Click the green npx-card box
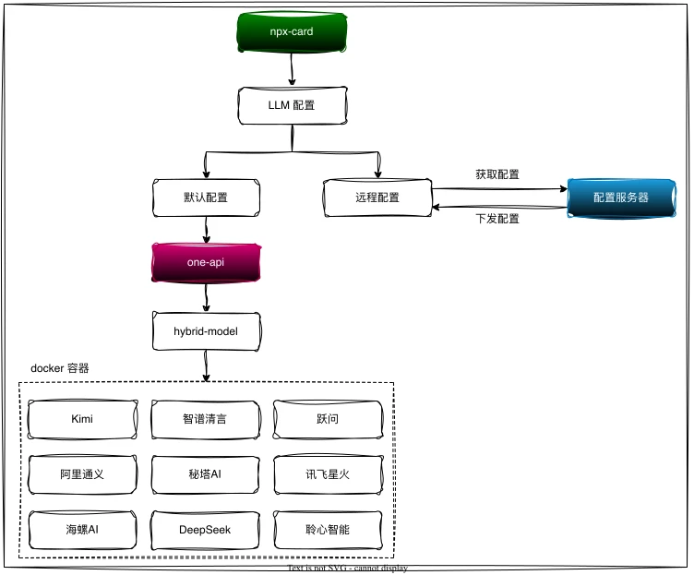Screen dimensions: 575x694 (292, 32)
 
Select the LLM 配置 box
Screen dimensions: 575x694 (292, 105)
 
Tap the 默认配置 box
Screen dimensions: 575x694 (205, 198)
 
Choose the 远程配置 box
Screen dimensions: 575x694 (377, 198)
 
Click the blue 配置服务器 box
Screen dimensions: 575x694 (620, 198)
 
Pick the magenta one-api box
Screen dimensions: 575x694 (205, 262)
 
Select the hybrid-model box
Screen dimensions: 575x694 (206, 330)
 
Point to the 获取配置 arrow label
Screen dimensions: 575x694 (497, 174)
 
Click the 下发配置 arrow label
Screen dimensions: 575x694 (497, 219)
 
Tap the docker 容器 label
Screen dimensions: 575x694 (60, 367)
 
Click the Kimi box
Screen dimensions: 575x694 (82, 419)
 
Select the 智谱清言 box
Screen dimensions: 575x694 (205, 419)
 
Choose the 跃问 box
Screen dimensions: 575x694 (327, 419)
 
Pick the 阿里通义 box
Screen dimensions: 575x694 (82, 474)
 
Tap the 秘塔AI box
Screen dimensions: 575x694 (205, 474)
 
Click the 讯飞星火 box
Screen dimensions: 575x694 (327, 474)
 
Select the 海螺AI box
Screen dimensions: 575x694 (82, 530)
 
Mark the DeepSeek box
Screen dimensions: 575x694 (205, 530)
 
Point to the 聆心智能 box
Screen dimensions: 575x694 (327, 530)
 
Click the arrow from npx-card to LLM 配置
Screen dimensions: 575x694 (293, 68)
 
